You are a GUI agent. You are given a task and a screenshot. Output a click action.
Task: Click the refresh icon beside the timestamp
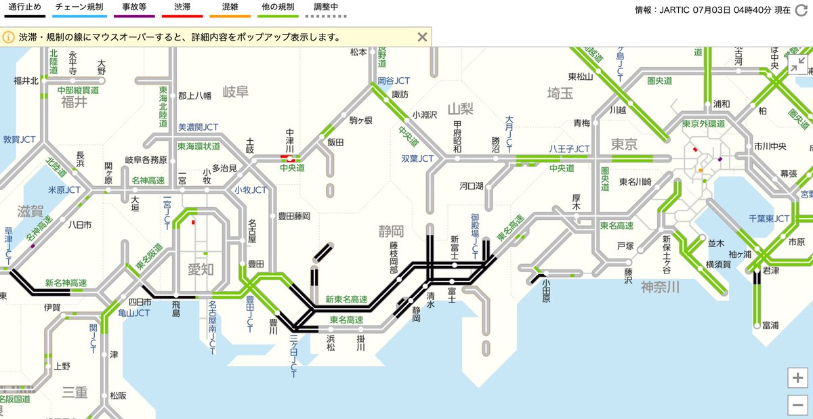coord(801,11)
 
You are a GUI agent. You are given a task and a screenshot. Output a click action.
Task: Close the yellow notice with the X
coord(422,37)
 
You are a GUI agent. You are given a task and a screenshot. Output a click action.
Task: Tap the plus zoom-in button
coord(798,378)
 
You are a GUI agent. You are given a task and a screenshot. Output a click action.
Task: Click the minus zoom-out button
coord(798,405)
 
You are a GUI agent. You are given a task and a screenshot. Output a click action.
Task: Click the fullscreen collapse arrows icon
coord(797,65)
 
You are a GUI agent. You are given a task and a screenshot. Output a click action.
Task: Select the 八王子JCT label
coord(569,149)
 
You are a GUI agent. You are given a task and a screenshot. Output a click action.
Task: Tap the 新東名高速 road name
coord(346,299)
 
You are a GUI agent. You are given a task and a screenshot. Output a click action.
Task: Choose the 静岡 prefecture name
coord(391,231)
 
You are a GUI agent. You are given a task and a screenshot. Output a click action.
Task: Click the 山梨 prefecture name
coord(460,109)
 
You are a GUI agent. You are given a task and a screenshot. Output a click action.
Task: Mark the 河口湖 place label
coord(471,185)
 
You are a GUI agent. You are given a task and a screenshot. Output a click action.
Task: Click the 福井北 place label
coord(26,81)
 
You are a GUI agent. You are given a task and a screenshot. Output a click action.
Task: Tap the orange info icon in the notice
coord(9,37)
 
